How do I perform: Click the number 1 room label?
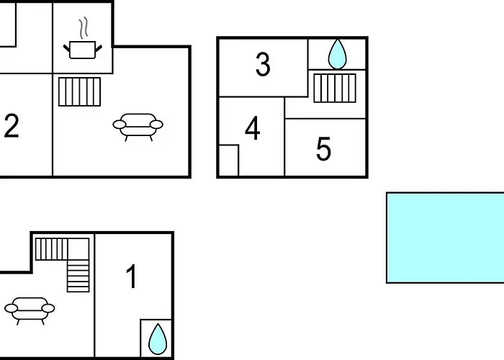point(131,276)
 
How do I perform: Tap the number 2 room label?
point(12,126)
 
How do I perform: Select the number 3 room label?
point(263,65)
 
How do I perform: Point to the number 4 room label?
point(252,128)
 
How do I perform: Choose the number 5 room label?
point(323,149)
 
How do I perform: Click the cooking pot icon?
point(83,50)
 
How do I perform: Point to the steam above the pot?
point(84,28)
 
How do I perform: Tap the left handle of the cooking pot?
point(67,48)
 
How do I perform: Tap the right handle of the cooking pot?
point(99,48)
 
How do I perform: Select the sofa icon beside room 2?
point(138,126)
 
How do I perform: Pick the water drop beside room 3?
point(337,54)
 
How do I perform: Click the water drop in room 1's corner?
point(158,339)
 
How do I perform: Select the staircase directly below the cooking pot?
point(80,91)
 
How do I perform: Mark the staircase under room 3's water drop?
point(335,88)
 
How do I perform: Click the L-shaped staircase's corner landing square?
point(78,249)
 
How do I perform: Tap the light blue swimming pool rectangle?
point(445,238)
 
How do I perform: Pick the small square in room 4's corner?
point(229,161)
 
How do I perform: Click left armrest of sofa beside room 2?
point(119,125)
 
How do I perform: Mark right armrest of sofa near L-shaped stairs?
point(48,308)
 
